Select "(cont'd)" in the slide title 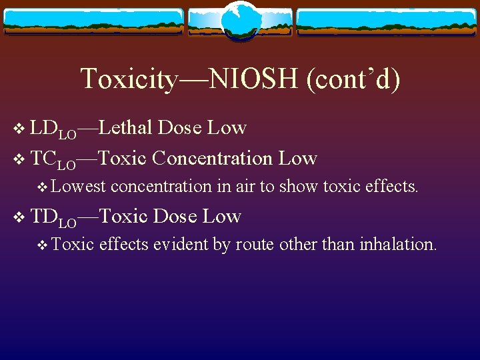coord(353,79)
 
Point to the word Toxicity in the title coord(129,79)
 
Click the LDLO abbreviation coord(53,129)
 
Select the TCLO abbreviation coord(53,159)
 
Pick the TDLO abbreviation coord(53,217)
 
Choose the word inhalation coord(397,244)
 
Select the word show coord(299,187)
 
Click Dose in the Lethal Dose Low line coord(180,127)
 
